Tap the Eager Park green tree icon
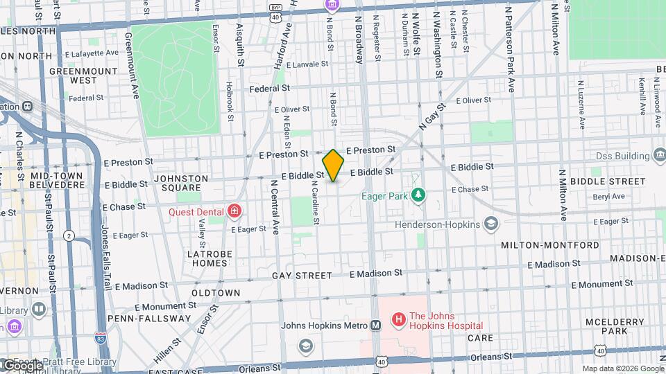pos(418,195)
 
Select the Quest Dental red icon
pos(235,211)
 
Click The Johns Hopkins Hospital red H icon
pos(398,320)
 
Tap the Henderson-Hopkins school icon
pos(491,224)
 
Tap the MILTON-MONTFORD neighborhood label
pos(550,245)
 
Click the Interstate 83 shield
pos(101,338)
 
